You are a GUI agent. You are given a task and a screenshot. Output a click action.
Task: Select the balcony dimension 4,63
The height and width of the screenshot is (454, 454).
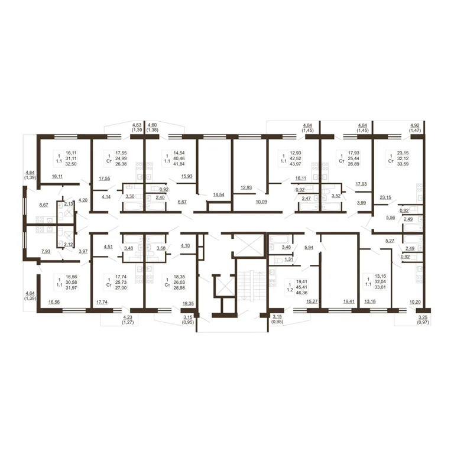tap(137, 125)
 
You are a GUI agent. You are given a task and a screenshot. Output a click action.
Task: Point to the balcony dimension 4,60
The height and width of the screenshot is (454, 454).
tap(152, 125)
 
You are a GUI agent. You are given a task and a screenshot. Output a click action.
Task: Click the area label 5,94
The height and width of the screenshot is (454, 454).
tap(309, 249)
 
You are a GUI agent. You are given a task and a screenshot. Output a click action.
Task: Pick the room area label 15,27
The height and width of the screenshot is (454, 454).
tap(310, 301)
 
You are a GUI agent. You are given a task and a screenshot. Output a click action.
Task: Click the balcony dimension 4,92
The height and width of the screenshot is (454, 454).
tap(415, 125)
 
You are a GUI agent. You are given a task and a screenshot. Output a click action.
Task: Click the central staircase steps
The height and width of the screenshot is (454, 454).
tap(251, 290)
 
